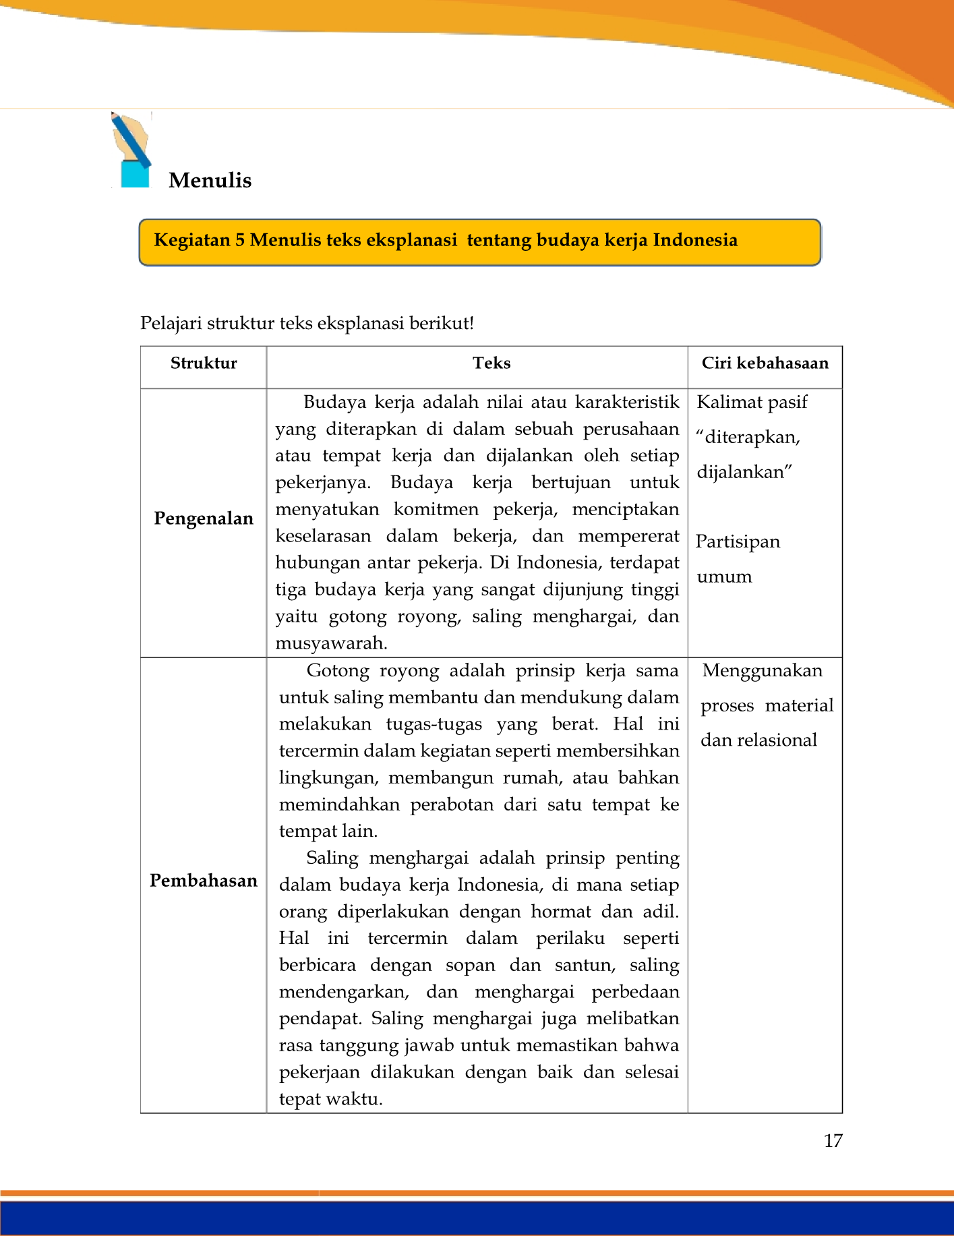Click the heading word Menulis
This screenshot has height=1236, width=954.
[x=210, y=181]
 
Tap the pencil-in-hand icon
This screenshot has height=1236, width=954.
[x=131, y=150]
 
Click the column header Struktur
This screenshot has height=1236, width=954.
[x=204, y=363]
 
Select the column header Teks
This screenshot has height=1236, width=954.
[x=491, y=363]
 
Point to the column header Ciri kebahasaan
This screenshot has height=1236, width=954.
[x=765, y=363]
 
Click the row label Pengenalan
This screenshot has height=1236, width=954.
[x=204, y=519]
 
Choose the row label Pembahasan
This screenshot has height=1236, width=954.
[x=204, y=881]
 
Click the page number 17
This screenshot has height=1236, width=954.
[x=833, y=1141]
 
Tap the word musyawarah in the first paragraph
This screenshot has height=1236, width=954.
[x=330, y=643]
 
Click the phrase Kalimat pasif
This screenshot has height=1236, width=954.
[x=752, y=403]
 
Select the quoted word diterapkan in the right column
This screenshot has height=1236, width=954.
[x=751, y=438]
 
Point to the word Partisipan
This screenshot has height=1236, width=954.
[x=738, y=542]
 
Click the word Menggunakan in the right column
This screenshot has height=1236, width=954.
[x=762, y=671]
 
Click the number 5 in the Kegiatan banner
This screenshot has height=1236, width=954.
[x=240, y=241]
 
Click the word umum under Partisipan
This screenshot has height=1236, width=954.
[x=724, y=577]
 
